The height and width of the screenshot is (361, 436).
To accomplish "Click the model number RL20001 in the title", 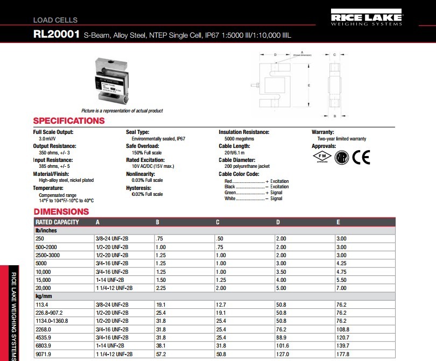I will (x=57, y=34).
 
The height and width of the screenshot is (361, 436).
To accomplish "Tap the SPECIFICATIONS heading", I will (x=69, y=121).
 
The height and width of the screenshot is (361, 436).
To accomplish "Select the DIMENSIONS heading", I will (x=61, y=211).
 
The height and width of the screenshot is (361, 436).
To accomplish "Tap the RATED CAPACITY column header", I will (x=57, y=222).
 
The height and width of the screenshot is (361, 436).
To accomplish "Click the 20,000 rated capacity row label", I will (x=44, y=288).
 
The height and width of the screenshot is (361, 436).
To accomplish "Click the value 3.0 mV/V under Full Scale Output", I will (x=48, y=139).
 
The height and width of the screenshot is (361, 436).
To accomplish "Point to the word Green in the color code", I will (x=230, y=193).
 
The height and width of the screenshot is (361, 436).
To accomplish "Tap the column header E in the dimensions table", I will (x=338, y=222).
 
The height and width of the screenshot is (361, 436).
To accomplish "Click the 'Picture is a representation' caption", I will (x=122, y=111).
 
